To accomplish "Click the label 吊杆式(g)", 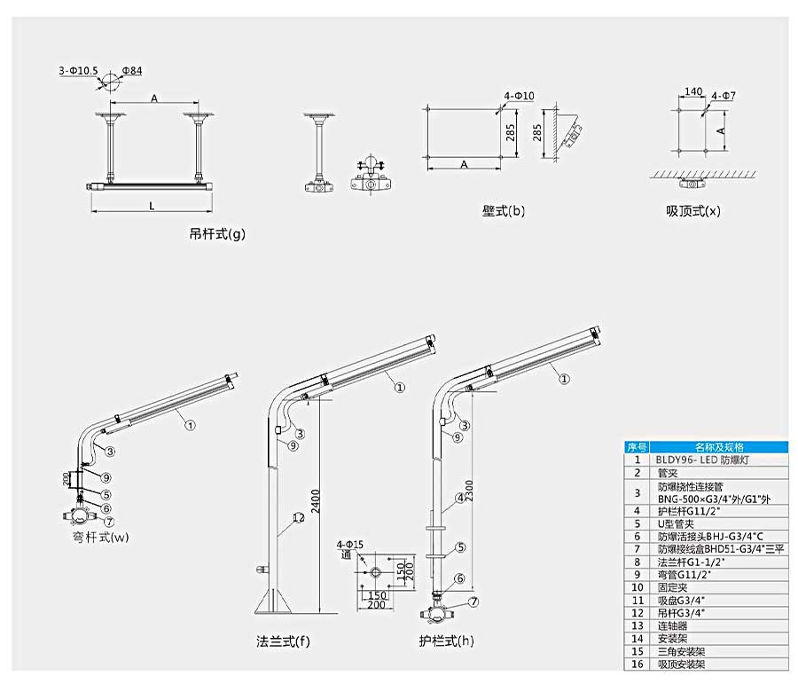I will pyautogui.click(x=216, y=234).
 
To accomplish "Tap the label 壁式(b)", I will pyautogui.click(x=503, y=211).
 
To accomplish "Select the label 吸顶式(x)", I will pyautogui.click(x=692, y=211).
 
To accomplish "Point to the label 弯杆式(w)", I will pyautogui.click(x=100, y=536).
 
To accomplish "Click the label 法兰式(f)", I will pyautogui.click(x=283, y=641).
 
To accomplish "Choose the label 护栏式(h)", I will pyautogui.click(x=446, y=641).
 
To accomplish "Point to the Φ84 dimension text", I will pyautogui.click(x=132, y=69).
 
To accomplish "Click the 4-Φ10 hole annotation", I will pyautogui.click(x=519, y=95).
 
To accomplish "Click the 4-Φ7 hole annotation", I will pyautogui.click(x=723, y=95).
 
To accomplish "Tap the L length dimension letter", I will pyautogui.click(x=152, y=206).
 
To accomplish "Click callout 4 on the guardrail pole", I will pyautogui.click(x=460, y=498).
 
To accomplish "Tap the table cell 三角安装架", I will pyautogui.click(x=684, y=650).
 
